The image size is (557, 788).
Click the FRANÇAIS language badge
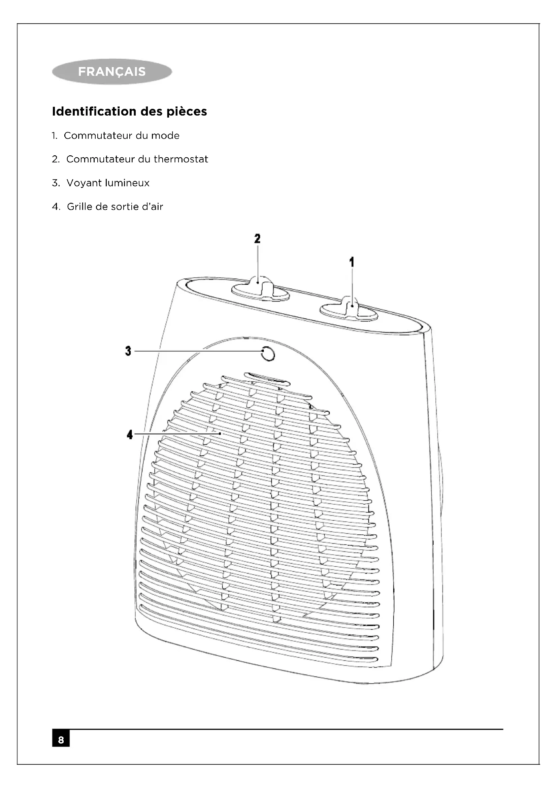112,72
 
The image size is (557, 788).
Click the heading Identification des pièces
129,112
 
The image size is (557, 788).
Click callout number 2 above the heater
257,239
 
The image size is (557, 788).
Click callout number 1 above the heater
352,262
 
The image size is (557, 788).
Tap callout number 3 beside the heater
128,351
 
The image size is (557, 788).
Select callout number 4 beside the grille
130,435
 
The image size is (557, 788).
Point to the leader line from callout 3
196,351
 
